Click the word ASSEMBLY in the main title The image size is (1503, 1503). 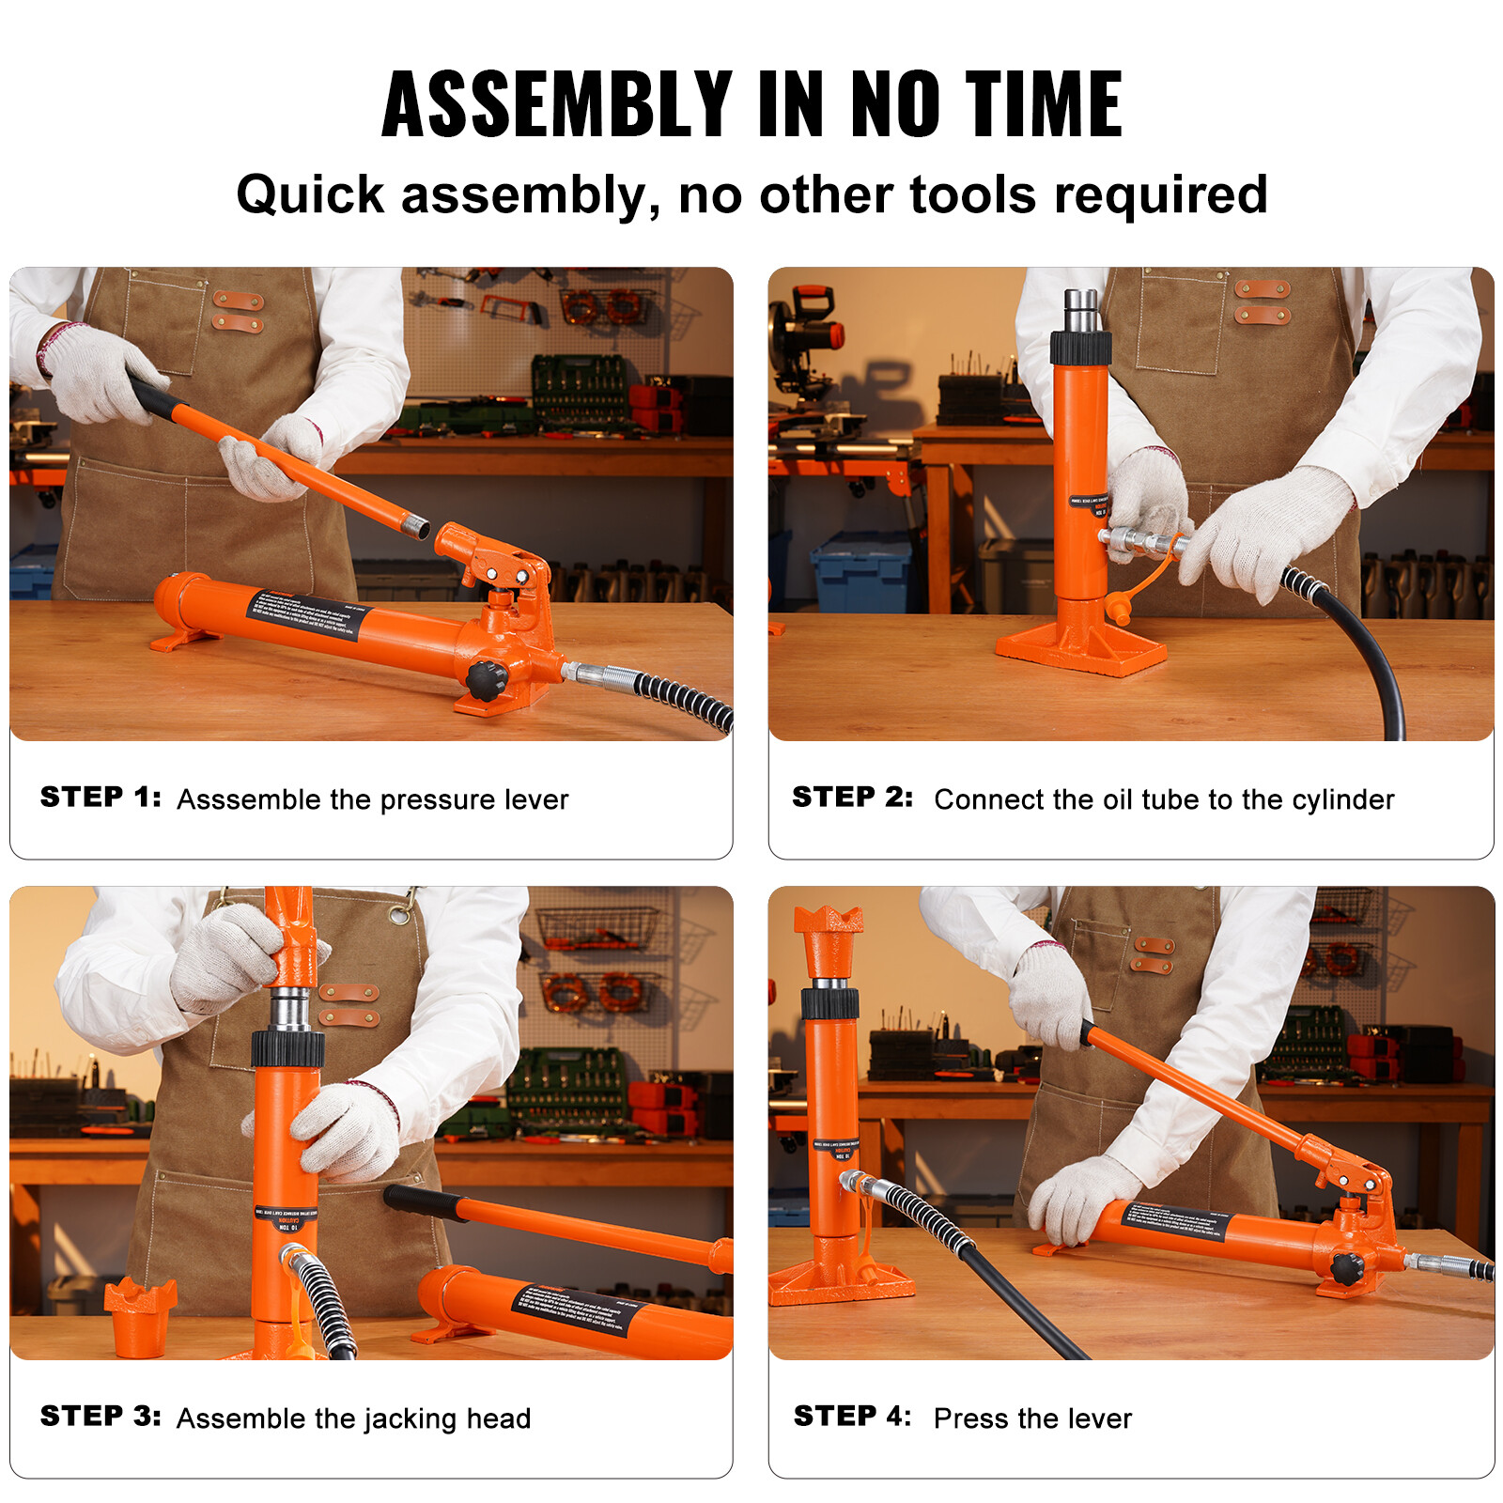coord(557,104)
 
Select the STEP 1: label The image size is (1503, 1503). coord(101,798)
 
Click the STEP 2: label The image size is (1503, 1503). coord(852,798)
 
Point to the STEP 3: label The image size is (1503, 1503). coord(101,1417)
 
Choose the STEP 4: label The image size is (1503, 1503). coord(852,1417)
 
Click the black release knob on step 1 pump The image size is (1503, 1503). coord(487,679)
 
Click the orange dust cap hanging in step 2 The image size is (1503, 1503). coord(1118,608)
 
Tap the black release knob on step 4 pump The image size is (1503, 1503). coord(1347,1269)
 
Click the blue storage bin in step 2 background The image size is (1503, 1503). coord(861,573)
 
